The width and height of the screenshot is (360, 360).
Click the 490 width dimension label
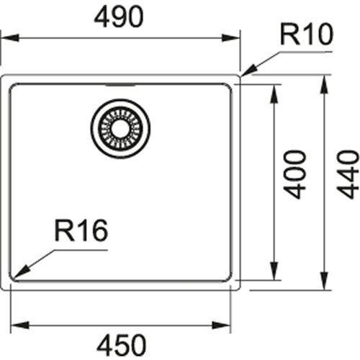pyautogui.click(x=119, y=17)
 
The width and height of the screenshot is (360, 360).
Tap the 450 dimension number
pyautogui.click(x=121, y=345)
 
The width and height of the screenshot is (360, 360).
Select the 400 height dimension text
pyautogui.click(x=294, y=174)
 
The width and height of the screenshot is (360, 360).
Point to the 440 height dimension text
pyautogui.click(x=348, y=174)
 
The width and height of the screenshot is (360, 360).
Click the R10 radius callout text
pyautogui.click(x=307, y=35)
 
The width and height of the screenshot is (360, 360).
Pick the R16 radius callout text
pyautogui.click(x=81, y=230)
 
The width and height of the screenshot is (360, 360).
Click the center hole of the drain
pyautogui.click(x=120, y=128)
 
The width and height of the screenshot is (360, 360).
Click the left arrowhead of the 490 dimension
pyautogui.click(x=10, y=38)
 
